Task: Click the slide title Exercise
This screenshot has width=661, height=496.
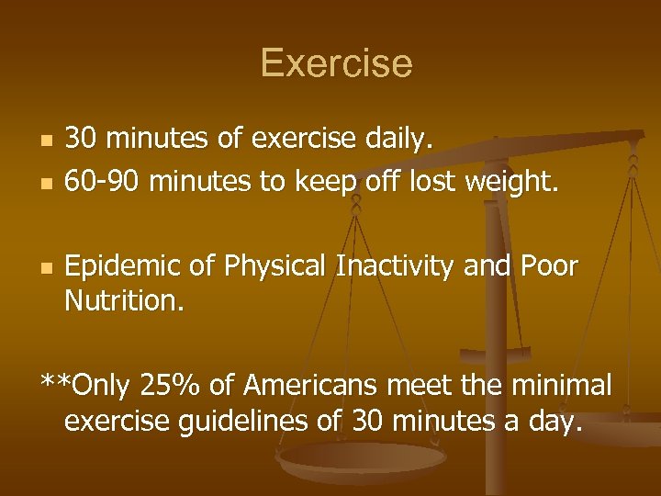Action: coord(336,63)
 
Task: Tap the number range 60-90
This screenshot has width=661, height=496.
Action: coord(103,181)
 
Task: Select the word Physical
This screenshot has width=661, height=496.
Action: coord(278,266)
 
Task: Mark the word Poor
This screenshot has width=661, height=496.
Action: coord(549,266)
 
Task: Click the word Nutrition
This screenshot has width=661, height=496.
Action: coord(124,300)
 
